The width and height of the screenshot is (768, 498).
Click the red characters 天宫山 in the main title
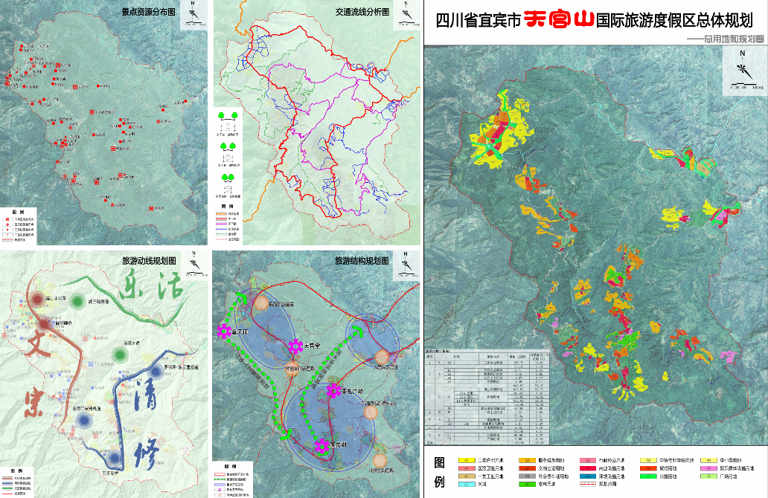tap(560, 19)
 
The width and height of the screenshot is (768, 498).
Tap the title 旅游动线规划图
tap(148, 261)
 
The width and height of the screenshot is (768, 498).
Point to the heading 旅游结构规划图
tap(361, 261)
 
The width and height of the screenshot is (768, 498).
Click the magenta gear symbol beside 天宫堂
tap(296, 346)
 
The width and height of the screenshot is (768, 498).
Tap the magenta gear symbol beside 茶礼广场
tap(334, 390)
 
